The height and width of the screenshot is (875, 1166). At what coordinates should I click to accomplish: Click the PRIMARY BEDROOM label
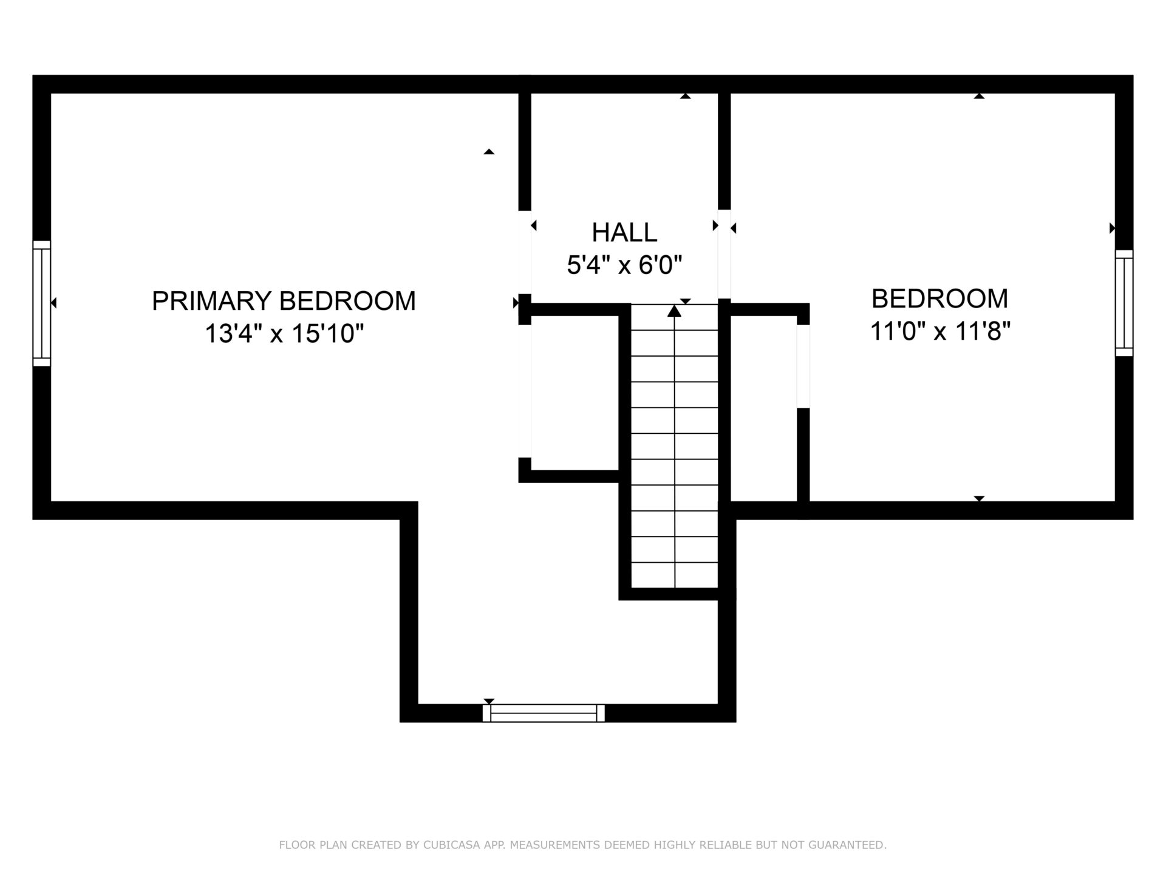pyautogui.click(x=284, y=301)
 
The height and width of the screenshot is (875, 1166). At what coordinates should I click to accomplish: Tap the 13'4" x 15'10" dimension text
pyautogui.click(x=284, y=334)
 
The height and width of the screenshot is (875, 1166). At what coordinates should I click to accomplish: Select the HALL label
pyautogui.click(x=624, y=232)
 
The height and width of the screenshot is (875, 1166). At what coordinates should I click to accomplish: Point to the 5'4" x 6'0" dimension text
pyautogui.click(x=624, y=265)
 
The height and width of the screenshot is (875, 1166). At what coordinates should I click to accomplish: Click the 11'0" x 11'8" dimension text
pyautogui.click(x=940, y=332)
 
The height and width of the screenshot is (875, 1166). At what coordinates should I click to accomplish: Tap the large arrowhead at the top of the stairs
pyautogui.click(x=674, y=311)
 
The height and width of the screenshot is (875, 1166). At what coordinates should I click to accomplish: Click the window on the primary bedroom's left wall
pyautogui.click(x=41, y=303)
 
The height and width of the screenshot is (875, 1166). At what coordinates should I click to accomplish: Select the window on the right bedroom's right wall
pyautogui.click(x=1124, y=303)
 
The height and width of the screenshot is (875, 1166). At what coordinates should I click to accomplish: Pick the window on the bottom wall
pyautogui.click(x=544, y=713)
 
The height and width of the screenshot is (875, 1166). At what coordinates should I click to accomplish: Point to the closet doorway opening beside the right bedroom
pyautogui.click(x=803, y=366)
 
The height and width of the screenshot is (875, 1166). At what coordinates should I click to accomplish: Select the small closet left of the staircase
pyautogui.click(x=574, y=393)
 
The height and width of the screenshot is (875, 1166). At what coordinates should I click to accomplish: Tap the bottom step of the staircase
pyautogui.click(x=674, y=575)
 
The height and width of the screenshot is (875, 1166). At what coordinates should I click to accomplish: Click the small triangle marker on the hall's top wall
pyautogui.click(x=686, y=96)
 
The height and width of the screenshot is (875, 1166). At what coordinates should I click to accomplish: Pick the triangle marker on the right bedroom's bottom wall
pyautogui.click(x=979, y=498)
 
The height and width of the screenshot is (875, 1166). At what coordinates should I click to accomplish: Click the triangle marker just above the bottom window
pyautogui.click(x=489, y=701)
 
